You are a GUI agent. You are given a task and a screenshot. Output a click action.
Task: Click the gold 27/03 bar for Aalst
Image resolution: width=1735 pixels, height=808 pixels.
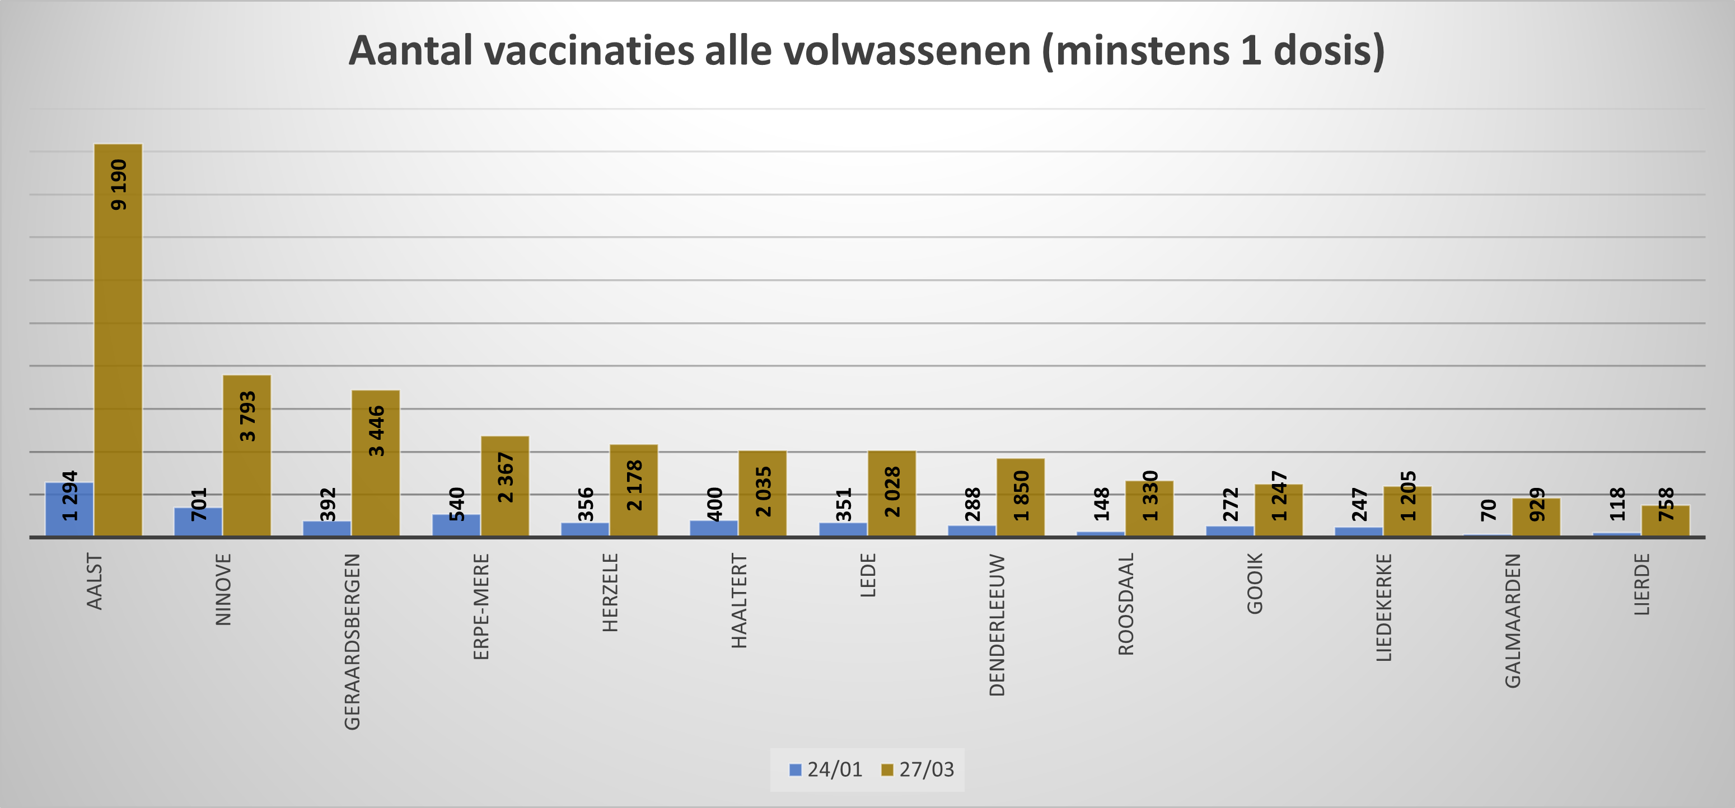click(118, 340)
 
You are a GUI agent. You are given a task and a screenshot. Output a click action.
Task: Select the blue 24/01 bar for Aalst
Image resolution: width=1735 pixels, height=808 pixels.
click(69, 509)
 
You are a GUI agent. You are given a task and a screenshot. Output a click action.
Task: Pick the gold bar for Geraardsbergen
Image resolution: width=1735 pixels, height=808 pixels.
click(376, 463)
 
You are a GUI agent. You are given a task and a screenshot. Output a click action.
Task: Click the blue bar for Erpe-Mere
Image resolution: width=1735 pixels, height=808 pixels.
click(456, 525)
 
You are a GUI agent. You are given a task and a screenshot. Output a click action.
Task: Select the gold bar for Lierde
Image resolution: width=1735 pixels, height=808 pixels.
click(1666, 520)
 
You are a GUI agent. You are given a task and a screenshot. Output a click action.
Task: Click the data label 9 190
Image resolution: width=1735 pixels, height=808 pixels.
click(119, 185)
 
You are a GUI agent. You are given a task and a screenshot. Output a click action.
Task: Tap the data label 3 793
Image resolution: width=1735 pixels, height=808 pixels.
click(248, 416)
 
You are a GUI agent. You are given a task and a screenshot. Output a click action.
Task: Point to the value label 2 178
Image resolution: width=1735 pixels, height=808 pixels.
click(634, 485)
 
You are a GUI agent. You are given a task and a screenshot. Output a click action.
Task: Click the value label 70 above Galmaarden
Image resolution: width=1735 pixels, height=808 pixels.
click(1489, 510)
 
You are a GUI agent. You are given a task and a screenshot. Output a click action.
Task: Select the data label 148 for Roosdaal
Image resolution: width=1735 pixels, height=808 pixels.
click(1102, 504)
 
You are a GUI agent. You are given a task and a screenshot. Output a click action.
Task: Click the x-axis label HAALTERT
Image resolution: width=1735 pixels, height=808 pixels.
click(740, 600)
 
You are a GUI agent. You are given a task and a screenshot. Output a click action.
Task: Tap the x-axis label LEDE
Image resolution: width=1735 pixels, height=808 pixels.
click(868, 575)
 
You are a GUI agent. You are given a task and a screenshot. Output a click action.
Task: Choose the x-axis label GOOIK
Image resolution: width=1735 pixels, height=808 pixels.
click(1255, 583)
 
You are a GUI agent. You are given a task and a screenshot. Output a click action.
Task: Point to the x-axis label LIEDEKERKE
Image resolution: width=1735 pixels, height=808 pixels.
click(1384, 607)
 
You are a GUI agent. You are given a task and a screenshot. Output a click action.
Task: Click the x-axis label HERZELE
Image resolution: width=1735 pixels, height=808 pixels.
click(610, 593)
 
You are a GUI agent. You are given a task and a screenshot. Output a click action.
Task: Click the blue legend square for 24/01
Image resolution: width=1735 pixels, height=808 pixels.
click(796, 769)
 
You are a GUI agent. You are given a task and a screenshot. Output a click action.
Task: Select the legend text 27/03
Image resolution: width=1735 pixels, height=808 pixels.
click(927, 769)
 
